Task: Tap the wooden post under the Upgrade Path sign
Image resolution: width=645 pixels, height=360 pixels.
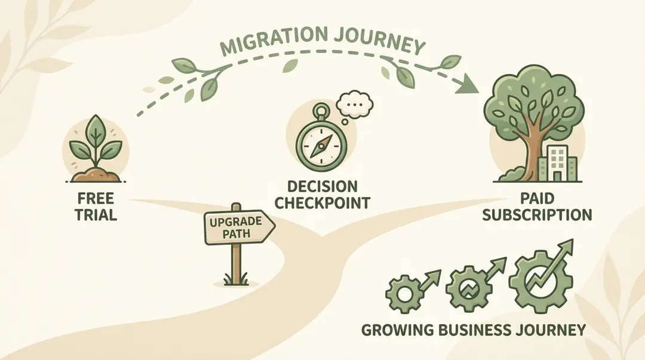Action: click(237, 263)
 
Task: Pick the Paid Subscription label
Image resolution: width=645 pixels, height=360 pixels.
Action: click(537, 207)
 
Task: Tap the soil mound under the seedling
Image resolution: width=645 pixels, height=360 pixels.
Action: click(96, 175)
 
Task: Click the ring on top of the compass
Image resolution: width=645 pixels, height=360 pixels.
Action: click(321, 110)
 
